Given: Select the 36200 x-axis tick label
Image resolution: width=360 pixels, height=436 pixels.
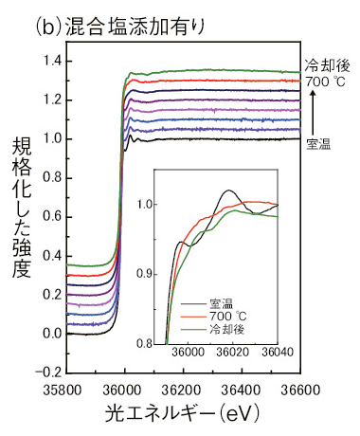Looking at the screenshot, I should (182, 389).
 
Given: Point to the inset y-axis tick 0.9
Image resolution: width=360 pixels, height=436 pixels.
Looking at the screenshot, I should (146, 273).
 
